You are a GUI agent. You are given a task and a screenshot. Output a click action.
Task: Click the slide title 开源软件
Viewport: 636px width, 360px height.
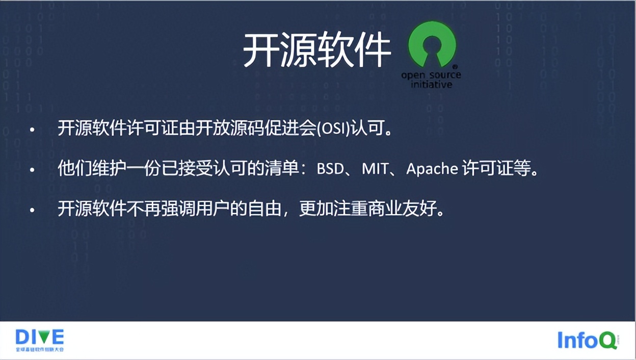pos(316,51)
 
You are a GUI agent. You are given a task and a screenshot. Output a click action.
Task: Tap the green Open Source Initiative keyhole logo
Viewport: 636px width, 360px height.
pos(432,45)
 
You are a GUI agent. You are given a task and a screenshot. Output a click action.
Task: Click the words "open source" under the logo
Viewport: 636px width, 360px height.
pos(431,75)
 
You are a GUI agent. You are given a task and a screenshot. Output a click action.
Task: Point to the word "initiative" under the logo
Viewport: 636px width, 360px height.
pos(431,85)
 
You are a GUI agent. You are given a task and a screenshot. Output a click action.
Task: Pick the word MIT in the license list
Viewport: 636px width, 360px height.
pos(375,169)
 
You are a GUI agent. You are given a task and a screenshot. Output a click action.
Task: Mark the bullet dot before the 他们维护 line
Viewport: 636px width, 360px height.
pos(32,170)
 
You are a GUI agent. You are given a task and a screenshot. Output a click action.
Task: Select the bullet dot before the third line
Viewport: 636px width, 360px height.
pos(32,210)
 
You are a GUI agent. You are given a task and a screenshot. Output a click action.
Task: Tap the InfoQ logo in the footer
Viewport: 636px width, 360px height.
pos(587,340)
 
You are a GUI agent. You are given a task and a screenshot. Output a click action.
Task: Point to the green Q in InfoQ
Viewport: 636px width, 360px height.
pos(607,341)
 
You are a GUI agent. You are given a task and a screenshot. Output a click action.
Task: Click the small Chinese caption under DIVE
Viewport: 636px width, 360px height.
pos(39,350)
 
